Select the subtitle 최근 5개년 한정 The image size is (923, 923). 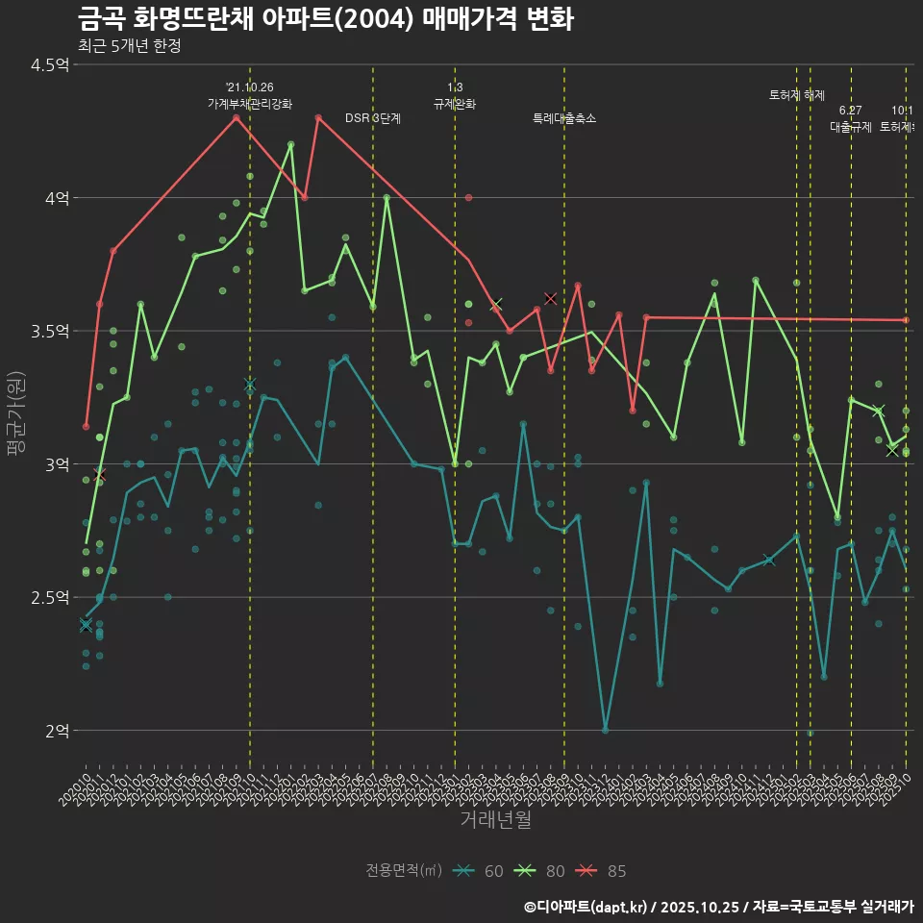tap(129, 45)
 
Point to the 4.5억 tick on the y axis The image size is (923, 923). tap(50, 65)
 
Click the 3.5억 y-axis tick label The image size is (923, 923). tap(50, 332)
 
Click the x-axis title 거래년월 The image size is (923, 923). tap(495, 820)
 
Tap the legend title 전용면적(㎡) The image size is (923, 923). tap(404, 871)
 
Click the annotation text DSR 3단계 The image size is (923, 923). tap(373, 118)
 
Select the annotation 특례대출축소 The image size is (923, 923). tap(564, 118)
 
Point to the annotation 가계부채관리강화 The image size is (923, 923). tap(250, 104)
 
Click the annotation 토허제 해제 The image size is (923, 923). tap(796, 95)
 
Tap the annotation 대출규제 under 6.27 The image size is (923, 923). tap(851, 127)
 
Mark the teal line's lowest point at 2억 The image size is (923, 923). tap(605, 730)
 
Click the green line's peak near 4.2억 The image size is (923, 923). tap(290, 144)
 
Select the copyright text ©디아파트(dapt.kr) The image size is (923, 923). tap(586, 907)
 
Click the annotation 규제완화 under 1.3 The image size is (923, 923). tap(455, 104)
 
